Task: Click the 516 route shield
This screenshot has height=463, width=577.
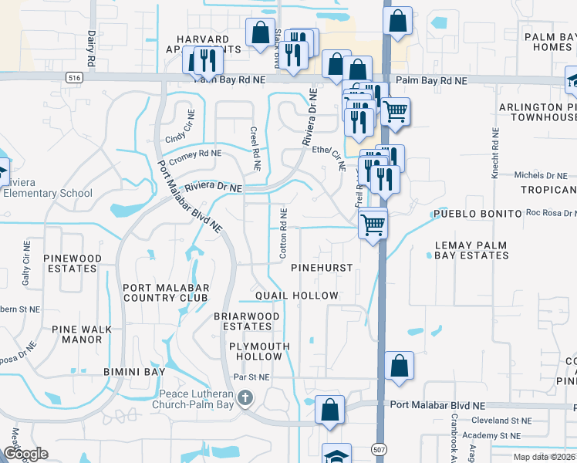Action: pos(74,78)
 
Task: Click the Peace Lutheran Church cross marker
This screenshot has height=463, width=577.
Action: pos(245,399)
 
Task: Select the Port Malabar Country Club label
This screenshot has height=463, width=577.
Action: pos(165,292)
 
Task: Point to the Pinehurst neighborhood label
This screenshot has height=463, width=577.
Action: pos(322,268)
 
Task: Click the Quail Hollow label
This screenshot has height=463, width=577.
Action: pos(297,296)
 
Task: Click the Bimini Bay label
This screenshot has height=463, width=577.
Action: pos(134,371)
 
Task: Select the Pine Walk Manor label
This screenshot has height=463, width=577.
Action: pos(76,334)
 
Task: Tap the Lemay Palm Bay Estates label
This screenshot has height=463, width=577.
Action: pos(471,250)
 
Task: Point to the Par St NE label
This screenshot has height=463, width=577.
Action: pos(253,377)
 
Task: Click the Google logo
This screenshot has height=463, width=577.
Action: pos(25,454)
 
